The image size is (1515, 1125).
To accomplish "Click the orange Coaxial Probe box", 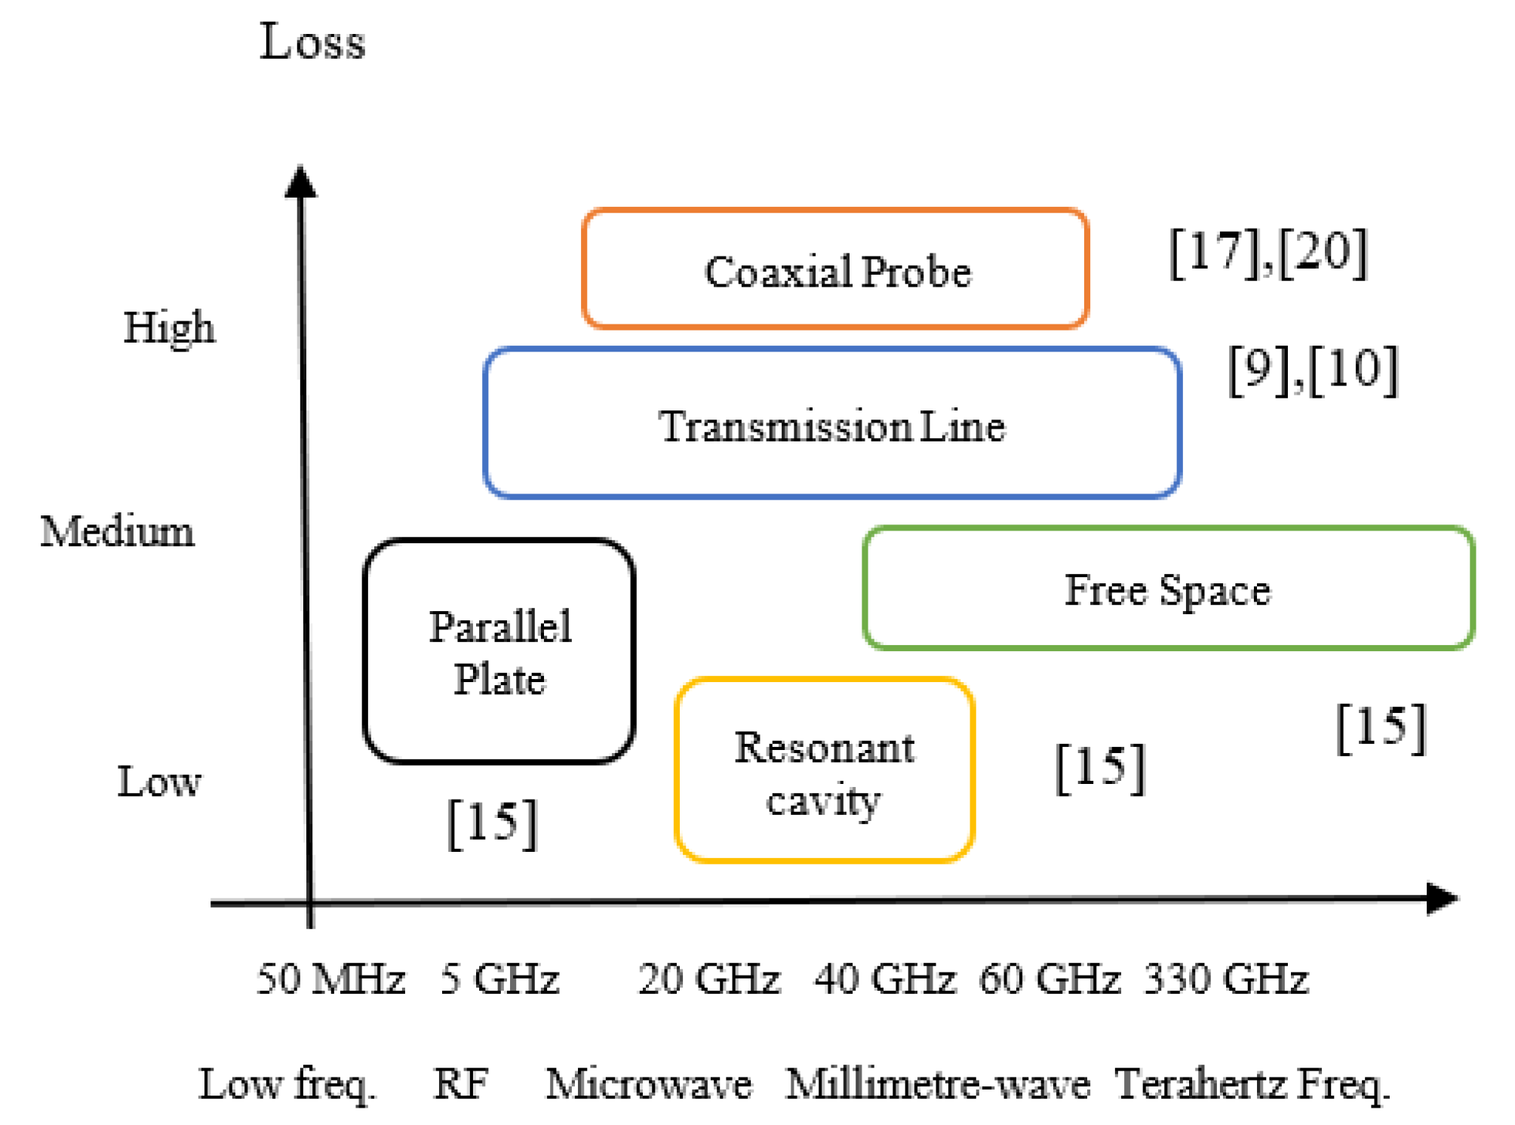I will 834,269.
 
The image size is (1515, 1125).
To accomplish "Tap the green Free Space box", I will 1168,589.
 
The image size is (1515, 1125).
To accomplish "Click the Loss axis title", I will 312,42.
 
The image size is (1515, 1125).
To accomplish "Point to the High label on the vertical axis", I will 169,328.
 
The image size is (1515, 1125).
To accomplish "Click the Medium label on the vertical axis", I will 117,531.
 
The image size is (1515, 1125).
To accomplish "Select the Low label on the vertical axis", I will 158,782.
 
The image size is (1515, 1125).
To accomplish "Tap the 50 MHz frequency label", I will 330,979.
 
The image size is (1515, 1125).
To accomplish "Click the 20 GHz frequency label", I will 708,979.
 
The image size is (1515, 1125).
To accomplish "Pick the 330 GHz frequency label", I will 1226,979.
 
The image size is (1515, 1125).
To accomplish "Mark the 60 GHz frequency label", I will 1049,979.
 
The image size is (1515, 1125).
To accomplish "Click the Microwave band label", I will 649,1084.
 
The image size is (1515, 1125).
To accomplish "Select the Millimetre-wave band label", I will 938,1084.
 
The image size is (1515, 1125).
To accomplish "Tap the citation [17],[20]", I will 1268,252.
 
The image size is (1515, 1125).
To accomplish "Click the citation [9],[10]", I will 1313,370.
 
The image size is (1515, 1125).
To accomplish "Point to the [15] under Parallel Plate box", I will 492,823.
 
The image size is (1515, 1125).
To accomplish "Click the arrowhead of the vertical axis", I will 301,181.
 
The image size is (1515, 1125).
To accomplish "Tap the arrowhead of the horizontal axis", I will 1443,899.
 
